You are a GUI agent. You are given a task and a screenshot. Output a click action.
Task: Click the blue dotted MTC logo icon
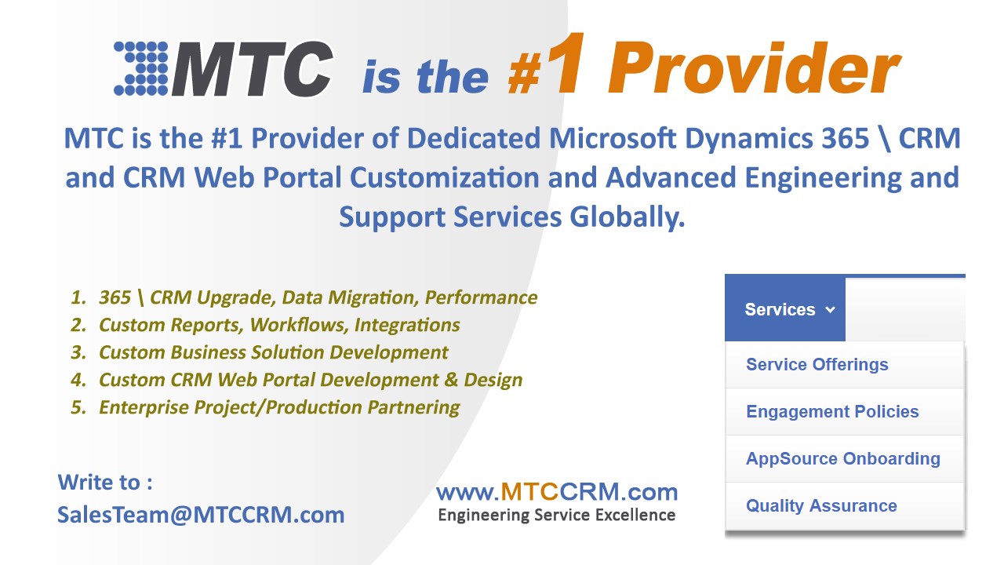[x=141, y=68]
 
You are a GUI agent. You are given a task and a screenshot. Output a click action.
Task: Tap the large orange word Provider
[x=754, y=67]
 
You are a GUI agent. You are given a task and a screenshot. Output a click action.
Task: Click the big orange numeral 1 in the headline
[x=568, y=64]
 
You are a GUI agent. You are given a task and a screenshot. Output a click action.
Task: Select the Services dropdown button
[x=785, y=309]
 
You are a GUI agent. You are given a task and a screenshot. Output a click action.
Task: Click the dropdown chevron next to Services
[x=830, y=309]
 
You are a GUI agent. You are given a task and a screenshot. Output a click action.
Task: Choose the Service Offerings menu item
[x=817, y=365]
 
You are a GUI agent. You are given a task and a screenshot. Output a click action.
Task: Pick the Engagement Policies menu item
[x=832, y=411]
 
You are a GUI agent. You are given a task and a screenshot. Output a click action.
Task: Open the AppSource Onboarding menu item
[x=843, y=458]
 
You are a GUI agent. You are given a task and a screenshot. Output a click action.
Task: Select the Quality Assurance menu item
[x=821, y=505]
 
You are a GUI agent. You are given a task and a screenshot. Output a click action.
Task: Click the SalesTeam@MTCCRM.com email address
[x=202, y=514]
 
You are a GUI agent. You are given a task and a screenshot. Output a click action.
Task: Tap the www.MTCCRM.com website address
[x=557, y=491]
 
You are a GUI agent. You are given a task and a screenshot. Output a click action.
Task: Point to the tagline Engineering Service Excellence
[x=557, y=515]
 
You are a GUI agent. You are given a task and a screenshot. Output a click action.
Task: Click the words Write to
[x=99, y=482]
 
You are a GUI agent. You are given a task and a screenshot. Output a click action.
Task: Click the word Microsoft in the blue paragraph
[x=613, y=137]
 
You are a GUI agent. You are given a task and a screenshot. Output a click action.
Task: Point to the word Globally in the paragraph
[x=627, y=217]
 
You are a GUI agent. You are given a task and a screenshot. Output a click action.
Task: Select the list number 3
[x=78, y=352]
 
